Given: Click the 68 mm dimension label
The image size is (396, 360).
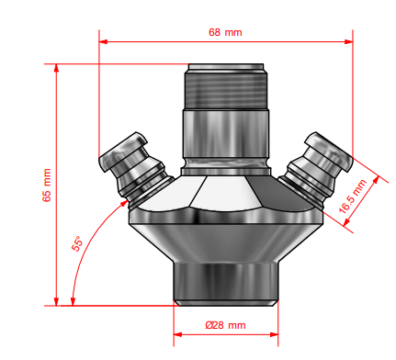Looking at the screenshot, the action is (225, 32).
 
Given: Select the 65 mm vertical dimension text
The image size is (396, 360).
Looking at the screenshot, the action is (47, 185).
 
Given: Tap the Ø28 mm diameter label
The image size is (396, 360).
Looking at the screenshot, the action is (225, 325).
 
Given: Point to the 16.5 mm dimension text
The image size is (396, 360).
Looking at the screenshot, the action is (353, 196).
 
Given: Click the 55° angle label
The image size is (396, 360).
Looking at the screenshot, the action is (77, 243).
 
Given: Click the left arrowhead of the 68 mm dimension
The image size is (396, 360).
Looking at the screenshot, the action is (103, 41).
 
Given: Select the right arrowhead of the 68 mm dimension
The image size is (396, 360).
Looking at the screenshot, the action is (349, 41).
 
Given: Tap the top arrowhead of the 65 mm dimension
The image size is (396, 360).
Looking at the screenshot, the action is (56, 68).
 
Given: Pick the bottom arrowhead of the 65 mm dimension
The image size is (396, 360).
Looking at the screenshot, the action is (56, 301).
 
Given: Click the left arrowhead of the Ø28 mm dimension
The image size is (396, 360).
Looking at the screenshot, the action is (178, 334).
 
